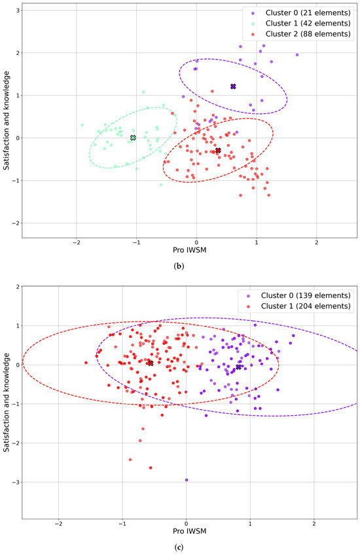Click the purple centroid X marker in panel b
(x=233, y=86)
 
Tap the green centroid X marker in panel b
(x=133, y=138)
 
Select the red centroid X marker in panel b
(x=218, y=151)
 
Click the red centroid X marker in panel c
(x=151, y=363)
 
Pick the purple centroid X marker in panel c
(x=238, y=367)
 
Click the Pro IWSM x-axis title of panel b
(x=189, y=250)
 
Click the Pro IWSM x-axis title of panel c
(x=189, y=531)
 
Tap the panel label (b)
(x=179, y=266)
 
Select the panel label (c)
(x=179, y=547)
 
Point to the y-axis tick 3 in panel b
(x=17, y=10)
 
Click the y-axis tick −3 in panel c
(x=15, y=482)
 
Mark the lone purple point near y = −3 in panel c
(x=187, y=480)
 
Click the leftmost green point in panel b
(x=82, y=125)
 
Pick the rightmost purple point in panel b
(x=297, y=55)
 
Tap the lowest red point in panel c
(x=151, y=468)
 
